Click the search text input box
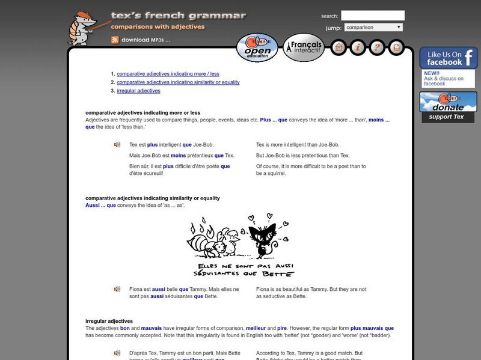tap(373, 16)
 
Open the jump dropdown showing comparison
tap(373, 28)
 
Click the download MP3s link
tap(146, 40)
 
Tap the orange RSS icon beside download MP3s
tap(115, 40)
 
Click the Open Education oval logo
tap(257, 47)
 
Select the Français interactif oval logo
tap(304, 47)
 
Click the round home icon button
tap(339, 47)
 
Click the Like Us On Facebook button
tap(448, 58)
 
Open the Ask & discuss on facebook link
tap(443, 81)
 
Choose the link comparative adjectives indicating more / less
tap(168, 74)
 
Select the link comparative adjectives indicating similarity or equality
tap(178, 82)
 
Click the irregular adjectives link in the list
tap(138, 91)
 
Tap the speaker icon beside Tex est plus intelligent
tap(117, 145)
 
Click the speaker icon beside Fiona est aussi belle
tap(117, 289)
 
